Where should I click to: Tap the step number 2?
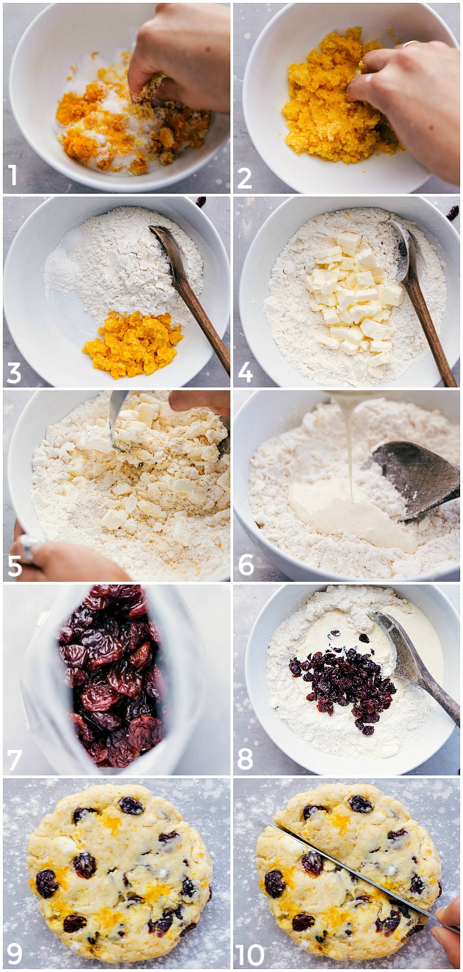coord(244,178)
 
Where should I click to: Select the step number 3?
coord(14,373)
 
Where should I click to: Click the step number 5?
coord(14,566)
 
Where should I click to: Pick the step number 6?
coord(246,565)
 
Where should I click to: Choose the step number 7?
coord(14,760)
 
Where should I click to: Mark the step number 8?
coord(245,759)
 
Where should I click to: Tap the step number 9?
coord(14,953)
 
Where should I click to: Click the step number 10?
coord(250,955)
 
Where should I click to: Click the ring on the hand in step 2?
coord(410,43)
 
